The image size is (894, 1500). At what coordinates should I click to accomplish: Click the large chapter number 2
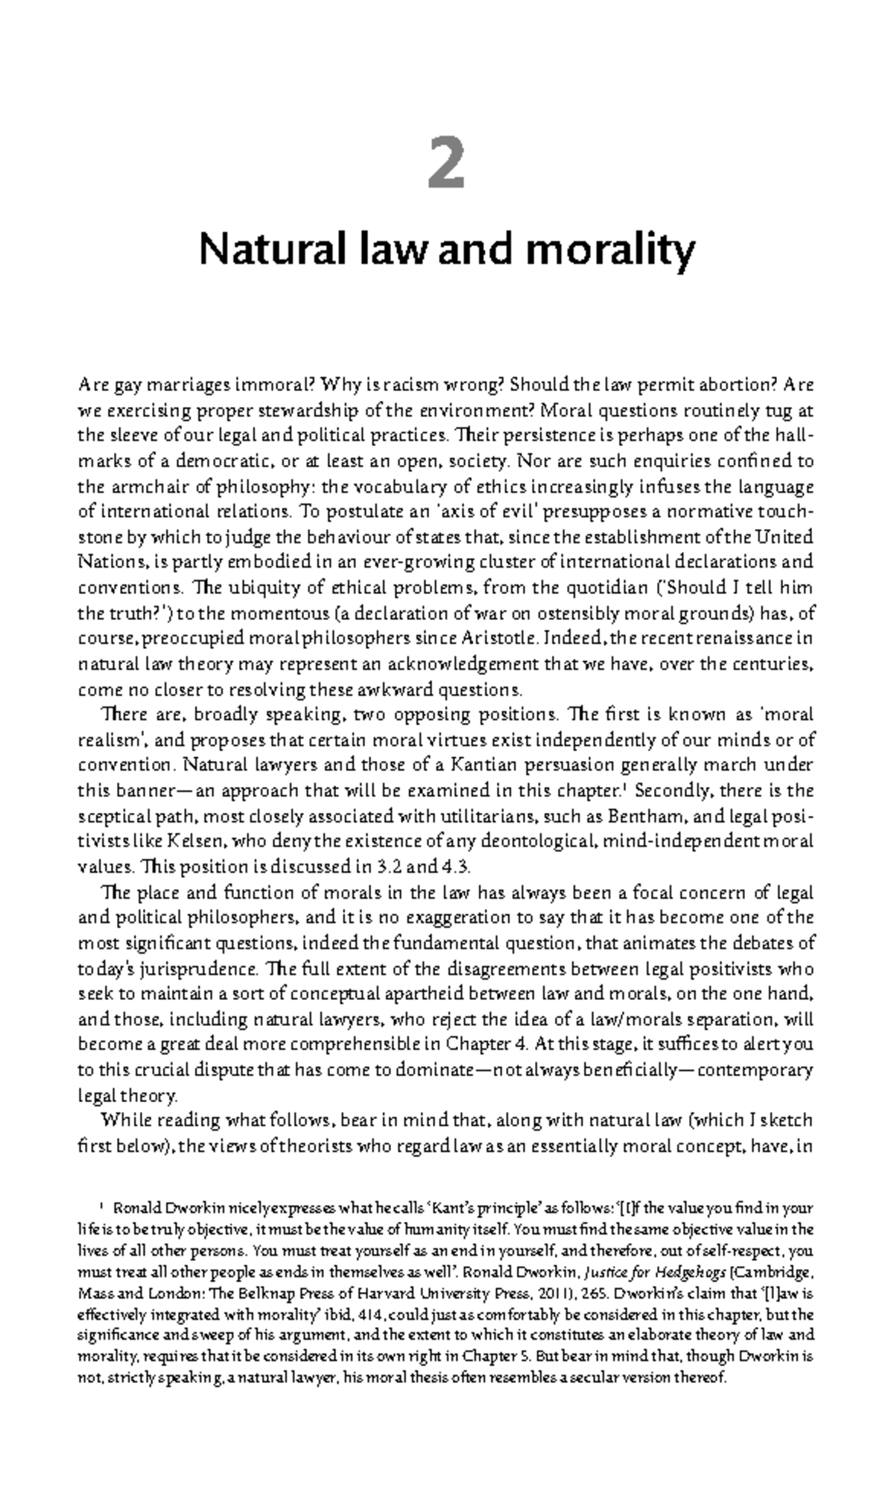tap(447, 165)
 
